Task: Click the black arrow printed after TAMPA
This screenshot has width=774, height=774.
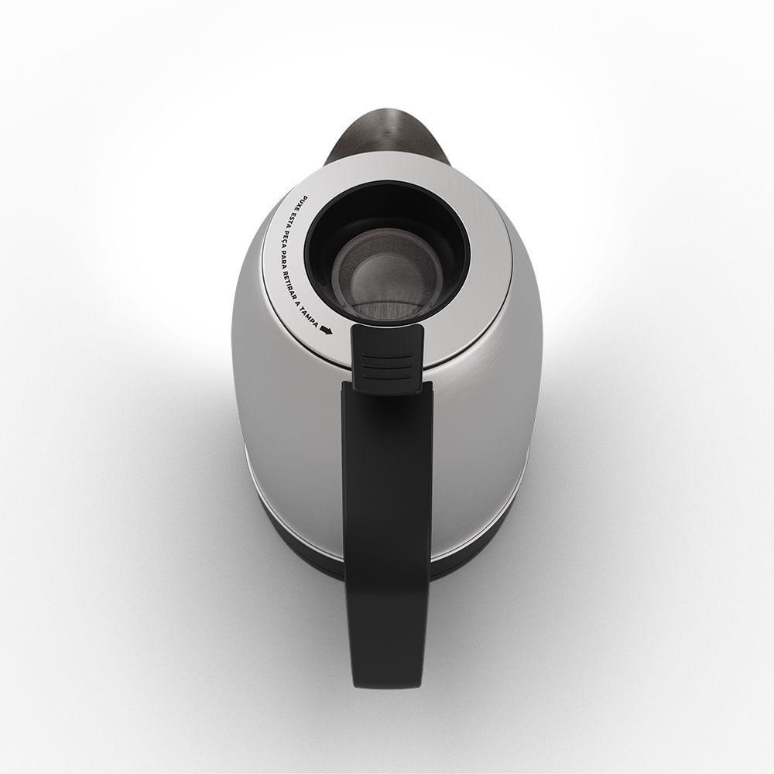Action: click(327, 330)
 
